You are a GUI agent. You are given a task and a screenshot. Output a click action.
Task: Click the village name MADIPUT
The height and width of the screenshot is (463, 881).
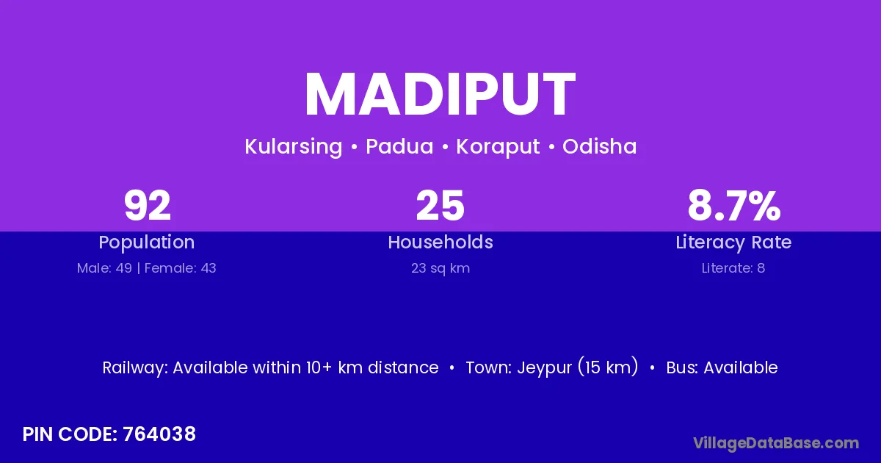440,94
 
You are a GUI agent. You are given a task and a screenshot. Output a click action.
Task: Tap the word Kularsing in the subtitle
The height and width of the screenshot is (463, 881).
294,147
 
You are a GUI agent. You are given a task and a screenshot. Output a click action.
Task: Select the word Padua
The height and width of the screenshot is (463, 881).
399,146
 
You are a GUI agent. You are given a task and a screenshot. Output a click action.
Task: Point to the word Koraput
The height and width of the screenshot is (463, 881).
498,147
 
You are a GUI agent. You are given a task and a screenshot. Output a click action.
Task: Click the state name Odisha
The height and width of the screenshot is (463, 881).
599,146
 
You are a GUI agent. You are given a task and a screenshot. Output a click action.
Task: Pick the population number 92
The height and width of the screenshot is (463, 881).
148,205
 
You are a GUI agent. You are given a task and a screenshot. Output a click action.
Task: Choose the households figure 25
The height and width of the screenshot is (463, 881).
440,205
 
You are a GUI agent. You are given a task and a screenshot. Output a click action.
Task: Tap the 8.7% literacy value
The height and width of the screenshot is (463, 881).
734,205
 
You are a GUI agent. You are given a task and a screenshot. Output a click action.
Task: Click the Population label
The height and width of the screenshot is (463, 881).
147,243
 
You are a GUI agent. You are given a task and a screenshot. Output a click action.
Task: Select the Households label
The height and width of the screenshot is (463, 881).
440,242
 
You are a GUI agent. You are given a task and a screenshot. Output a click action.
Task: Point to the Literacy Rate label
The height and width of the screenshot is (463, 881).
733,243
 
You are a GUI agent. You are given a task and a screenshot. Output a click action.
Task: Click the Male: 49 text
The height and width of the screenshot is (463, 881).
104,268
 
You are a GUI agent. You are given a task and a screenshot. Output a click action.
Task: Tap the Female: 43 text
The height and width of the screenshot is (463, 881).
180,268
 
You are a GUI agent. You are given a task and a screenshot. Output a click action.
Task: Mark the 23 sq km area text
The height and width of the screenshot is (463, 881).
440,268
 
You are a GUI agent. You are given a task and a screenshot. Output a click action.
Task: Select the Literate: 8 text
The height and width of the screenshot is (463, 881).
733,268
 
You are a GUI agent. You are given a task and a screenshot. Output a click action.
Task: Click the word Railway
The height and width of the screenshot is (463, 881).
135,368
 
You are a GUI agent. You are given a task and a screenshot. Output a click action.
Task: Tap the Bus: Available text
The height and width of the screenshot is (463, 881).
722,367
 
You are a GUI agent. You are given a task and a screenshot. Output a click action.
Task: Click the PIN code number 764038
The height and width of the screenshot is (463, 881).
159,434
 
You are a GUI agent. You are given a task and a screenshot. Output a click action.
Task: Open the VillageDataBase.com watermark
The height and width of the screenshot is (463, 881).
776,443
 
